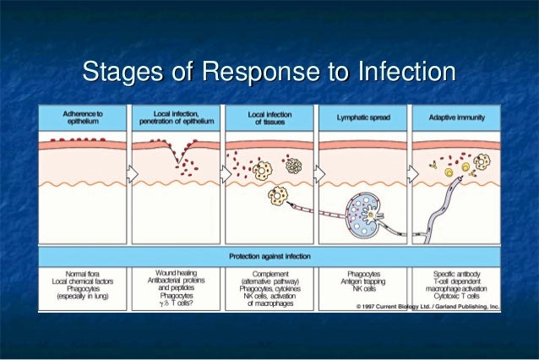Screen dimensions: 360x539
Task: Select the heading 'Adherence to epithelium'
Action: point(84,117)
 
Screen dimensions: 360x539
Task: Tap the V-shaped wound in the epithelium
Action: point(178,154)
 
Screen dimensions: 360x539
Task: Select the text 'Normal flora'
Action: point(84,275)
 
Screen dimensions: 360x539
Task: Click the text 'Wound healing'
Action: point(175,275)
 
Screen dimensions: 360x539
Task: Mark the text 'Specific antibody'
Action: point(454,275)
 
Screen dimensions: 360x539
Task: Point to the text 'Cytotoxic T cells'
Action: point(454,297)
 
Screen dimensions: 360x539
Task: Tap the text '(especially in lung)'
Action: point(84,297)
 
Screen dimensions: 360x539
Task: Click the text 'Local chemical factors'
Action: point(84,282)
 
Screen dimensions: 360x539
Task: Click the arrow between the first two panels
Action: point(131,172)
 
